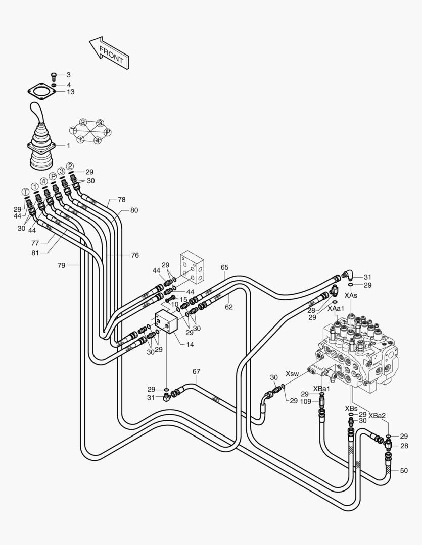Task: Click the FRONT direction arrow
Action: pyautogui.click(x=109, y=52)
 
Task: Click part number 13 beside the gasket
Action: pyautogui.click(x=70, y=92)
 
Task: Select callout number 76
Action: pyautogui.click(x=135, y=255)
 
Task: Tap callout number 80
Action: pyautogui.click(x=134, y=210)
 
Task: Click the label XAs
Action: pyautogui.click(x=351, y=295)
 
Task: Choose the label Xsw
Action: pyautogui.click(x=292, y=374)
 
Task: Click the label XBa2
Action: pyautogui.click(x=377, y=416)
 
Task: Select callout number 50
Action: pyautogui.click(x=403, y=470)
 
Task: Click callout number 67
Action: pyautogui.click(x=197, y=372)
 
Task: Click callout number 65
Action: pyautogui.click(x=225, y=267)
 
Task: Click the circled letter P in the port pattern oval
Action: pyautogui.click(x=108, y=132)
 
